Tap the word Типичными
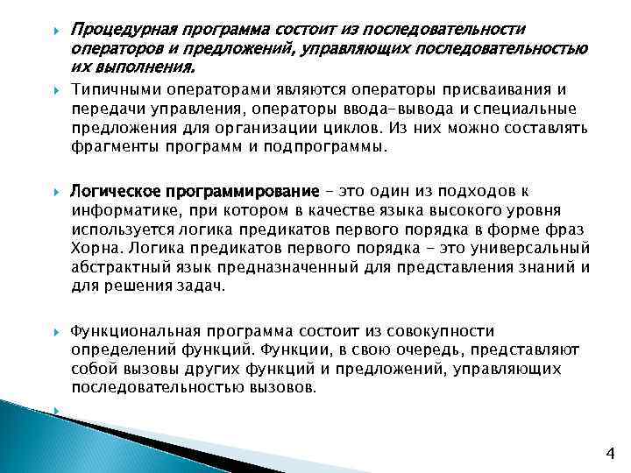pyautogui.click(x=111, y=89)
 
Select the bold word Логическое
pyautogui.click(x=108, y=192)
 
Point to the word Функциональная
pyautogui.click(x=131, y=332)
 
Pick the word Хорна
pyautogui.click(x=93, y=248)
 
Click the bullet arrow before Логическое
pyautogui.click(x=54, y=192)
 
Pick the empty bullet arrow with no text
pyautogui.click(x=54, y=408)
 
